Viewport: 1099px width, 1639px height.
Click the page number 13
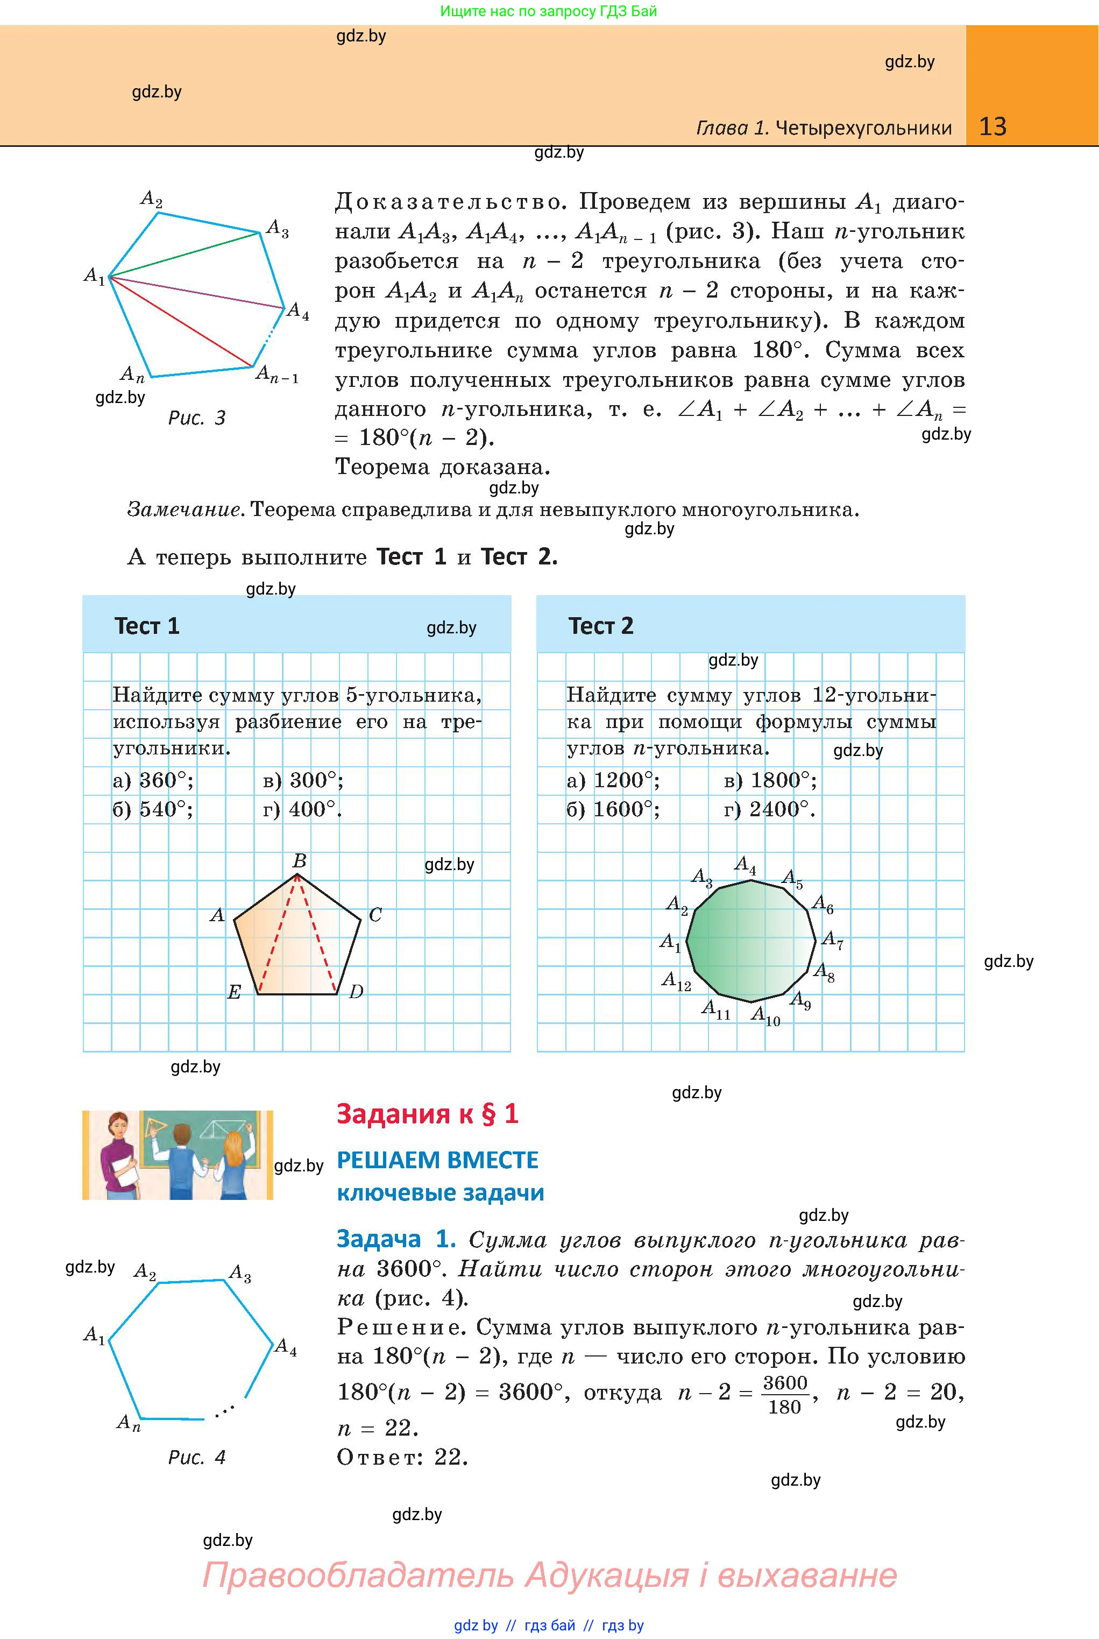[992, 127]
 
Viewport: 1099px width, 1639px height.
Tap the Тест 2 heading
[601, 626]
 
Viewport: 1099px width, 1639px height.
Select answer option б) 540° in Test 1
[153, 810]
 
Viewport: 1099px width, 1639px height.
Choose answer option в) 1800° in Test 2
[770, 780]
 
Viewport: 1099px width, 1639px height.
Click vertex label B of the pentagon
[299, 861]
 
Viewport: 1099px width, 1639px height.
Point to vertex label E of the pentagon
[235, 992]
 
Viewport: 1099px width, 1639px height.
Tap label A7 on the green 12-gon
[832, 939]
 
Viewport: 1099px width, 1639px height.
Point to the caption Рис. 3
[197, 419]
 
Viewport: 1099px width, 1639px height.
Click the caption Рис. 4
[197, 1458]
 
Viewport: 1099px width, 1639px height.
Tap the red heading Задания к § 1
[428, 1114]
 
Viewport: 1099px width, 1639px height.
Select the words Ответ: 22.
[402, 1458]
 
